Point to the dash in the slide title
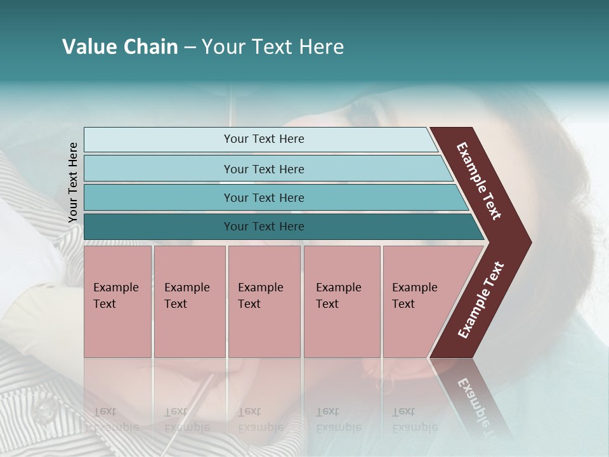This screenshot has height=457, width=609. click(x=190, y=48)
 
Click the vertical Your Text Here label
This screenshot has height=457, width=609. click(x=73, y=182)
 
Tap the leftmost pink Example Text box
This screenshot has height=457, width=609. click(x=117, y=301)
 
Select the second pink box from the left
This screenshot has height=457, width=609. click(x=189, y=301)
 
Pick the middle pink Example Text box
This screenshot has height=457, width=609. click(x=264, y=301)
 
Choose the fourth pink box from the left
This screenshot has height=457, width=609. click(x=341, y=301)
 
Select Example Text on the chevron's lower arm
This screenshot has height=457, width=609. click(x=481, y=300)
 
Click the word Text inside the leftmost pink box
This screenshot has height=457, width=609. click(x=105, y=304)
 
